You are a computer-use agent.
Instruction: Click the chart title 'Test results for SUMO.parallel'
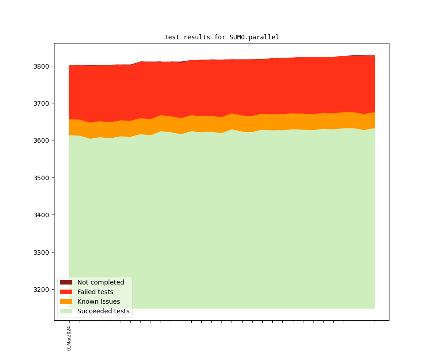pyautogui.click(x=221, y=37)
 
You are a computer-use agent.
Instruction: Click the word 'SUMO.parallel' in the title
pyautogui.click(x=254, y=37)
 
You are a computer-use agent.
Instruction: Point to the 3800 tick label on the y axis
pyautogui.click(x=42, y=66)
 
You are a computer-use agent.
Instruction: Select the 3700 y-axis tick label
pyautogui.click(x=42, y=103)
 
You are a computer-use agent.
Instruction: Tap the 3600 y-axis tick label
pyautogui.click(x=42, y=140)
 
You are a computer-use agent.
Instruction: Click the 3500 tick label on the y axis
pyautogui.click(x=42, y=178)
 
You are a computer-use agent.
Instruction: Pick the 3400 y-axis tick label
pyautogui.click(x=42, y=215)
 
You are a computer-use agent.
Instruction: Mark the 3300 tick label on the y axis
pyautogui.click(x=42, y=253)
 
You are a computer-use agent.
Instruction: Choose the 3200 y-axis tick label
pyautogui.click(x=42, y=290)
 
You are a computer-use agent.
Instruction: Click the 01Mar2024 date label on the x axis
pyautogui.click(x=69, y=338)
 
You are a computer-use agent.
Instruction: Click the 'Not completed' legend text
pyautogui.click(x=101, y=282)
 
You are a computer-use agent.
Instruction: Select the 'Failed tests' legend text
pyautogui.click(x=95, y=292)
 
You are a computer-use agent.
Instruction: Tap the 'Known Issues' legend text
pyautogui.click(x=98, y=301)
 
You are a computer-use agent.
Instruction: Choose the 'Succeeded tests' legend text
pyautogui.click(x=103, y=311)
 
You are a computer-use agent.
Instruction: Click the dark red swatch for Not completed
pyautogui.click(x=66, y=282)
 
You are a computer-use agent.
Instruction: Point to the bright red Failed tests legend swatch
pyautogui.click(x=66, y=292)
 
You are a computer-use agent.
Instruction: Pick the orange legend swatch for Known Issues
pyautogui.click(x=66, y=301)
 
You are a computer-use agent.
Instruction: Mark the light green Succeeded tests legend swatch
pyautogui.click(x=66, y=311)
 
